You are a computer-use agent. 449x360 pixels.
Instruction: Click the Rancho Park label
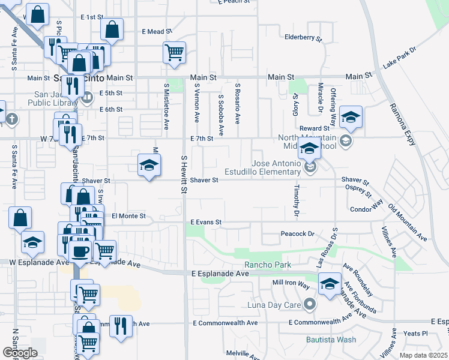pos(267,265)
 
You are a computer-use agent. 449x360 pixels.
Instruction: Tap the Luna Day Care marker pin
pos(309,305)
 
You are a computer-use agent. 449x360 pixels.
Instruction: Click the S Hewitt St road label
pos(184,174)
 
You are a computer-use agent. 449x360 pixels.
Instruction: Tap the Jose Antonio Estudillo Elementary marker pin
pos(310,167)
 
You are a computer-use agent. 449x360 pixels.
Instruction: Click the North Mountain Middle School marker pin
pos(345,141)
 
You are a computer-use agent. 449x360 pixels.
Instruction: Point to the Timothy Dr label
pos(297,200)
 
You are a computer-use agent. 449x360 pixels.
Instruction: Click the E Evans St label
pos(206,222)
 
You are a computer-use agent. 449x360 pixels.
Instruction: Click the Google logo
pos(20,353)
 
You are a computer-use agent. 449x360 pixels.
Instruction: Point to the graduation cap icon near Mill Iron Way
pos(330,284)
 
